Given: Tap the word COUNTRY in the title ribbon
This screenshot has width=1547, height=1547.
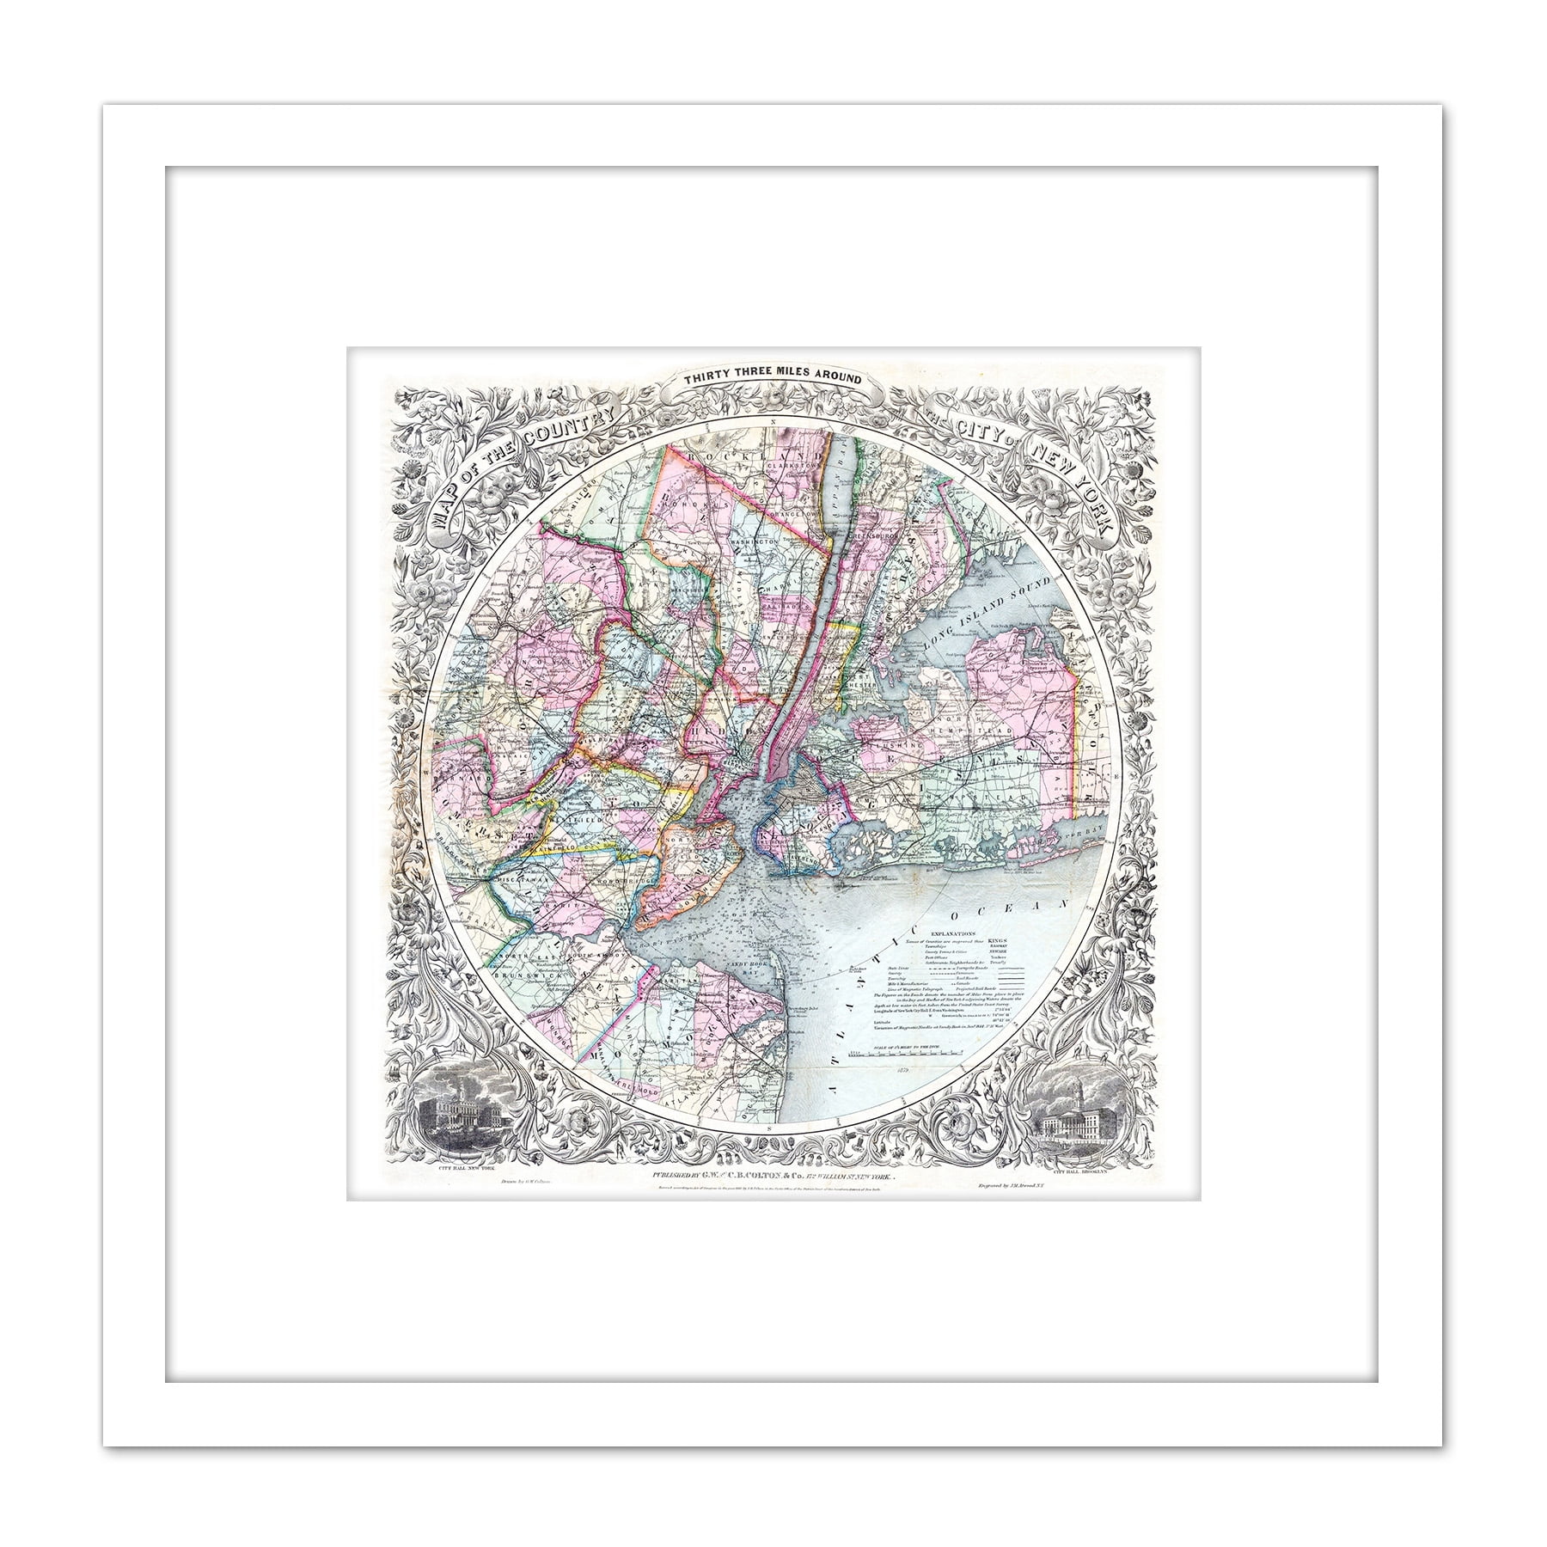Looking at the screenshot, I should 572,427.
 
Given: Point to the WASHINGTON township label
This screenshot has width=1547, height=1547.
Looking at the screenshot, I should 755,542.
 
